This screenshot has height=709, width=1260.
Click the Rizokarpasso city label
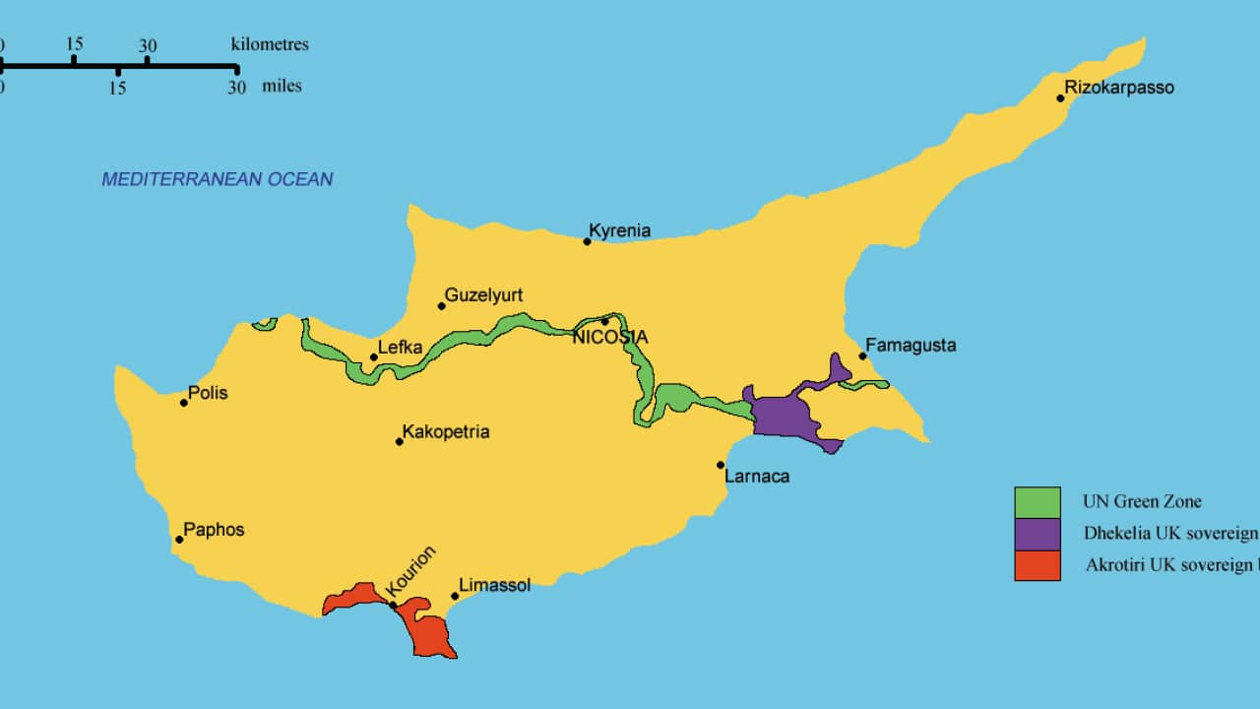tap(1119, 88)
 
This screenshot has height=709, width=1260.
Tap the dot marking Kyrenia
tap(587, 241)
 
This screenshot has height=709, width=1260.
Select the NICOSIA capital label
tap(610, 338)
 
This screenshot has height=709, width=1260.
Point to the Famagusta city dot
tap(862, 355)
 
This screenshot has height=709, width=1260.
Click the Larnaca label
tap(756, 477)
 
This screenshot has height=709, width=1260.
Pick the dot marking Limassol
tap(455, 596)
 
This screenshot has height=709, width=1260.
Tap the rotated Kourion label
tap(411, 571)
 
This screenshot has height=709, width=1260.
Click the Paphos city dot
tap(179, 539)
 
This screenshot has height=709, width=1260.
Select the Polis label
tap(207, 393)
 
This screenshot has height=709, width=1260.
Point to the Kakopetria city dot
tap(400, 441)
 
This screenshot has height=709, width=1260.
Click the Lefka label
tap(400, 348)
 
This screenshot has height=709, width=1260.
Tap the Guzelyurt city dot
tap(442, 305)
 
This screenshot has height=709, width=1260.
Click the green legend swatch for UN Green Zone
tap(1038, 502)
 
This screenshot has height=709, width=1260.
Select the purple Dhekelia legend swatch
tap(1038, 534)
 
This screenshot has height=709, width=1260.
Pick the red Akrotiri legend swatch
tap(1038, 565)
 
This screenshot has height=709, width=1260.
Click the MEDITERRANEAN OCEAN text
tap(218, 179)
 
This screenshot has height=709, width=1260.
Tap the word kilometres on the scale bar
tap(270, 44)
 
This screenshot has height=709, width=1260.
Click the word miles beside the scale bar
tap(282, 87)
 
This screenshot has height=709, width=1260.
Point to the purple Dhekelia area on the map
tap(785, 415)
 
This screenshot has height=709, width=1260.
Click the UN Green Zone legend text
tap(1142, 501)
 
